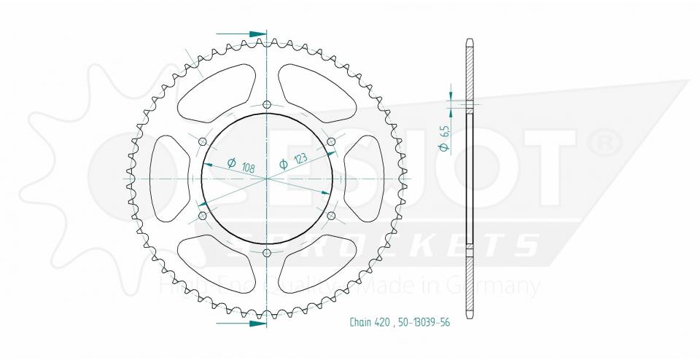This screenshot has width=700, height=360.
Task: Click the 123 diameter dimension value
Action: pos(298,159)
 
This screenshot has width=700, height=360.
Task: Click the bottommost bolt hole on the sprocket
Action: pos(267,253)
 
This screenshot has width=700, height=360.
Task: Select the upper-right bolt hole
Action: pos(331,141)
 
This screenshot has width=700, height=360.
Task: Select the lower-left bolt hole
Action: pos(203,216)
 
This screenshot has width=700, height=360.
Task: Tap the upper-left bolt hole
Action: pos(203,141)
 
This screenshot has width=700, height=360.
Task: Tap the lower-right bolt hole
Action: pos(331,216)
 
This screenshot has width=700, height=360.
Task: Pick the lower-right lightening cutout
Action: pos(318,263)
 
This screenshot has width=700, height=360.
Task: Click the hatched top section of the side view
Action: pos(468,69)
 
